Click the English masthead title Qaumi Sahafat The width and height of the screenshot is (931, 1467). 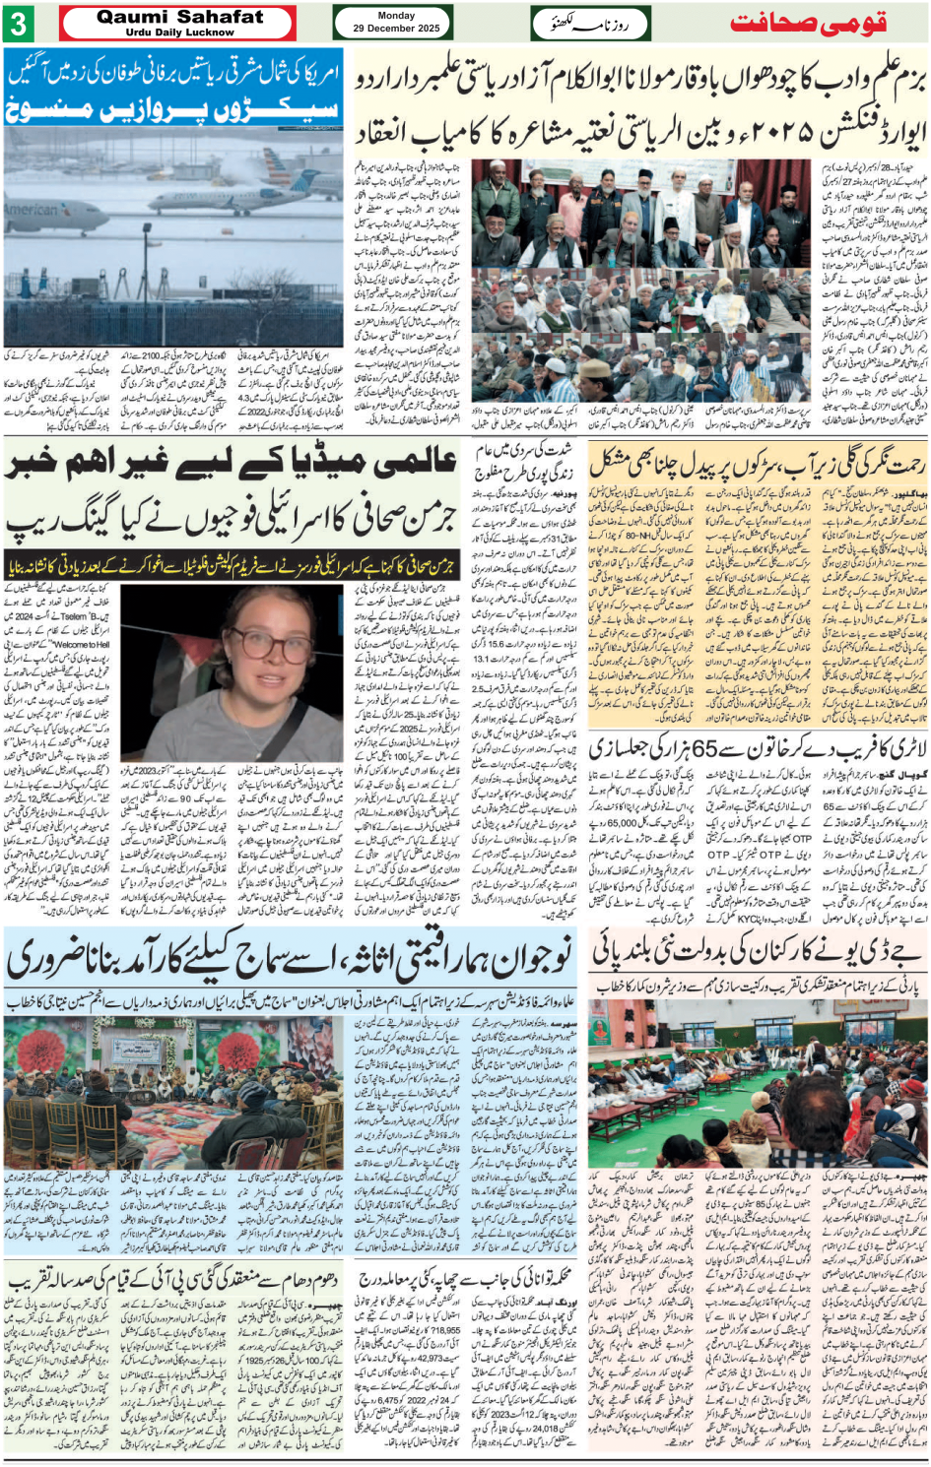[x=179, y=17]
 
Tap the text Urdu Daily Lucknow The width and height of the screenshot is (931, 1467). [x=179, y=32]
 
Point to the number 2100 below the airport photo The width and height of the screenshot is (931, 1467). [x=153, y=356]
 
